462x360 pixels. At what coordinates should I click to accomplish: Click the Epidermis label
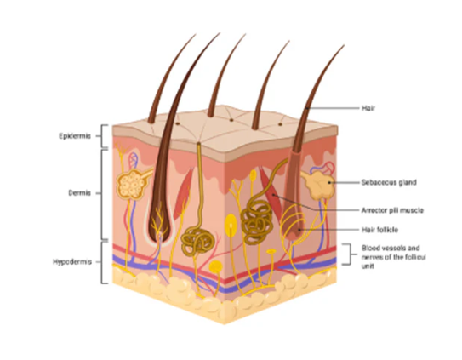tap(75, 136)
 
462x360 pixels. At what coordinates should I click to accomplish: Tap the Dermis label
tap(80, 193)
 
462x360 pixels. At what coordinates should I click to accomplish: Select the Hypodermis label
tap(72, 262)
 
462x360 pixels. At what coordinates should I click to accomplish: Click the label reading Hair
tap(368, 108)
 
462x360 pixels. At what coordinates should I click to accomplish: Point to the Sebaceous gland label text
tap(389, 182)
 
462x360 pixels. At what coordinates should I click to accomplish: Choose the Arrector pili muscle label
tap(392, 210)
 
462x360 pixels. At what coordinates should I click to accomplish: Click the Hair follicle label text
tap(379, 230)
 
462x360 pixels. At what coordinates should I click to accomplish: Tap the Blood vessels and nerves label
tap(394, 257)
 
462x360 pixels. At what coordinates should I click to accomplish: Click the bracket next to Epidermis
tap(104, 136)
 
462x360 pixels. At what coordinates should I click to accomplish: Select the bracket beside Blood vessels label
tap(348, 254)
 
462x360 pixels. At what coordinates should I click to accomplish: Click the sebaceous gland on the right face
tap(319, 185)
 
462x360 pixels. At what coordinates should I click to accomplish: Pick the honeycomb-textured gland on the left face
tap(132, 185)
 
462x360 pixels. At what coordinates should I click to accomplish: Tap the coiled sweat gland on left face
tap(197, 241)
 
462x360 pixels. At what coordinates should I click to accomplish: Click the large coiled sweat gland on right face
tap(257, 222)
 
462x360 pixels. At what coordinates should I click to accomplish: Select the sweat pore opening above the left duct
tap(198, 144)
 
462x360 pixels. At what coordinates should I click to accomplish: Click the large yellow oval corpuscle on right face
tap(231, 225)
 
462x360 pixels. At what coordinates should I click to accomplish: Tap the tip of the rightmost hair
tap(344, 45)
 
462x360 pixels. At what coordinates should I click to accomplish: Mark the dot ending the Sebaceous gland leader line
tap(329, 183)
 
